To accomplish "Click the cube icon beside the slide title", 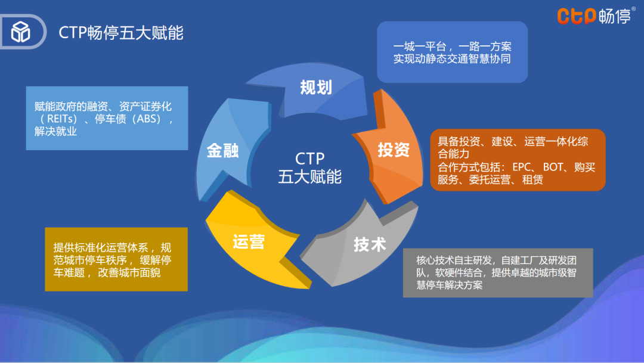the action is click(20, 32).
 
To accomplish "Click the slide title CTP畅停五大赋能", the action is click(120, 33).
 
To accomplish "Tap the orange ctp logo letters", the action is click(576, 17).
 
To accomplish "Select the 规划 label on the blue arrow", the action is click(316, 88).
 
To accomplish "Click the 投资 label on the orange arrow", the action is click(394, 150).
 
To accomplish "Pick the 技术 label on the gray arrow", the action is click(370, 244).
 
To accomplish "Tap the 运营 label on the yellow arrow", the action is click(249, 242).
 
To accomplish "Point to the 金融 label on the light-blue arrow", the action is click(222, 151).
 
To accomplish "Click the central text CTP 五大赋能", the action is click(310, 167).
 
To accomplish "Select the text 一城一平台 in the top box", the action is click(420, 46).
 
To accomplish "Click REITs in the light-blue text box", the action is click(61, 119).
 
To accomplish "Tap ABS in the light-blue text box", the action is click(147, 119).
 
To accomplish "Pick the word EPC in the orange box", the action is click(522, 167).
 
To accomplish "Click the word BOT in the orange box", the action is click(553, 167).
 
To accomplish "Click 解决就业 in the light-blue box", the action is click(55, 131).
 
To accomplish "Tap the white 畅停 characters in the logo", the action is click(614, 17).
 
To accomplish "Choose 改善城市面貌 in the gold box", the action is click(129, 272).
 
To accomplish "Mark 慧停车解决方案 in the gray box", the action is click(450, 285).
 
